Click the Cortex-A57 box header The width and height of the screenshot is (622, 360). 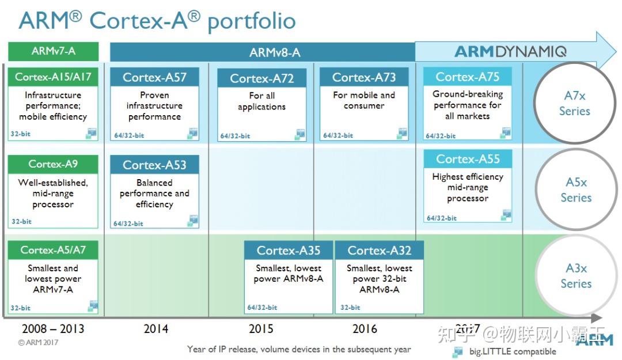click(154, 77)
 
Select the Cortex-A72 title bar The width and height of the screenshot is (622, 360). click(262, 78)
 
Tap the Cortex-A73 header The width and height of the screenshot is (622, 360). click(364, 77)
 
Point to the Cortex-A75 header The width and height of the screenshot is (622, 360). click(467, 76)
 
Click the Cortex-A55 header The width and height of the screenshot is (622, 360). click(468, 159)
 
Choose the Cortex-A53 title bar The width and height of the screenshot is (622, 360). click(154, 165)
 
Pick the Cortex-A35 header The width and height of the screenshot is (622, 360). click(289, 250)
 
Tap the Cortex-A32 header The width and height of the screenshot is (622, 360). click(379, 250)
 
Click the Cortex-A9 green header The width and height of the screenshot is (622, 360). click(53, 164)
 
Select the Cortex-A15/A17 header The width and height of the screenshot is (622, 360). click(53, 77)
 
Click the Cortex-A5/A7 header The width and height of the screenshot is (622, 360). click(53, 249)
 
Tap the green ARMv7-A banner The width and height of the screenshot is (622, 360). click(53, 51)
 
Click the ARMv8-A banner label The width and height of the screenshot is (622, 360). click(275, 52)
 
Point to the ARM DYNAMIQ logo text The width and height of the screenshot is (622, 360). click(510, 52)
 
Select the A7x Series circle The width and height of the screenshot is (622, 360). click(575, 103)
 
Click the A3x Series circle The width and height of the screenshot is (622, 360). click(576, 275)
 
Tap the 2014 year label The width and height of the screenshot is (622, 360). click(156, 329)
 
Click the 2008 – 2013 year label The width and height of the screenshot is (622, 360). click(53, 329)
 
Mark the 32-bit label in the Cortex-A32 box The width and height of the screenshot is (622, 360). click(350, 307)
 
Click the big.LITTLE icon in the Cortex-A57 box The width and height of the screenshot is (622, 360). click(192, 134)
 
